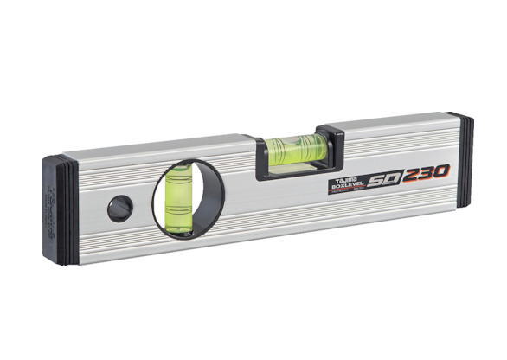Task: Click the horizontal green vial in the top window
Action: (296, 150)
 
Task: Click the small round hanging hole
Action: (119, 208)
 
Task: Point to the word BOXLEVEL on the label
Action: (348, 184)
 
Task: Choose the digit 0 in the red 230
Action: (444, 170)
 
